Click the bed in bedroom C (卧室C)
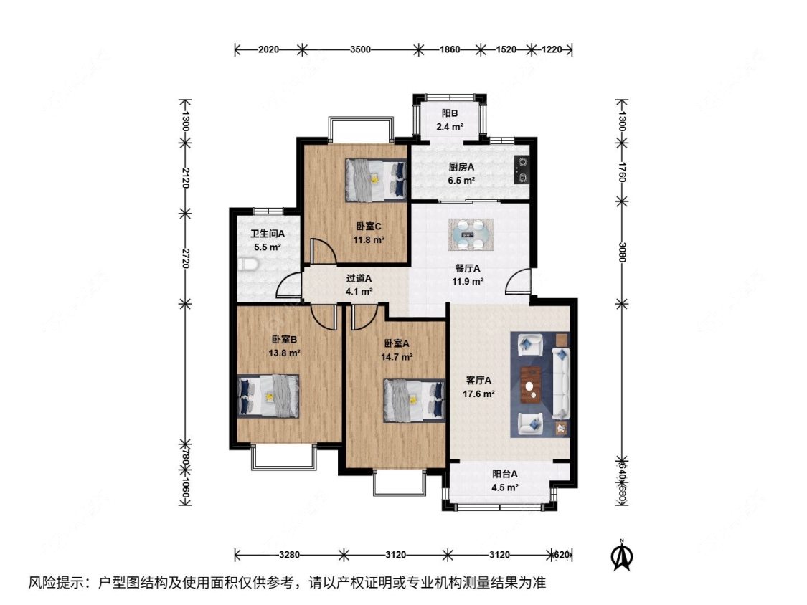click(374, 179)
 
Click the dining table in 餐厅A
click(471, 234)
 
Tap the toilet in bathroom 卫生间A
click(247, 267)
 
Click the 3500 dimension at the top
click(360, 50)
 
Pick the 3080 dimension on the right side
click(621, 252)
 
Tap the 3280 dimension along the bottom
click(290, 554)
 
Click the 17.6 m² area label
click(478, 394)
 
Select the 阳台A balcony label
click(505, 474)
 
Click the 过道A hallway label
click(359, 279)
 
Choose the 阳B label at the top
click(450, 113)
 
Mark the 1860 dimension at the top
click(450, 50)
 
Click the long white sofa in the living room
click(560, 384)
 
